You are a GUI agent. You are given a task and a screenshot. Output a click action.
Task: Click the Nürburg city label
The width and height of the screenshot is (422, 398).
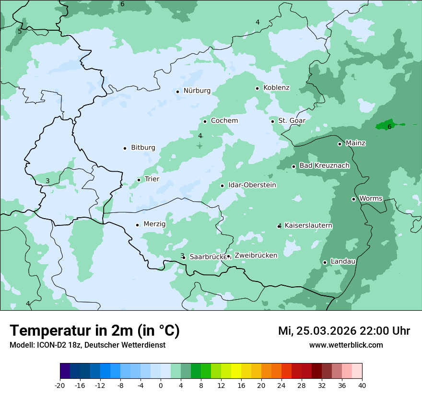pyautogui.click(x=197, y=91)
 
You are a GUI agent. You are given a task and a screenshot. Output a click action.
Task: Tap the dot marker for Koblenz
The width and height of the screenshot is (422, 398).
pyautogui.click(x=257, y=88)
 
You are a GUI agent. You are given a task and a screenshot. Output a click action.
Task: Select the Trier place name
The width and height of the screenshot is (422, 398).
pyautogui.click(x=152, y=179)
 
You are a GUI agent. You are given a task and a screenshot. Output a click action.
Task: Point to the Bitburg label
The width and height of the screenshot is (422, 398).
pyautogui.click(x=143, y=148)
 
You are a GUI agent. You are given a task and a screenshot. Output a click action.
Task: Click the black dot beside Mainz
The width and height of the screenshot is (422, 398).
pyautogui.click(x=340, y=144)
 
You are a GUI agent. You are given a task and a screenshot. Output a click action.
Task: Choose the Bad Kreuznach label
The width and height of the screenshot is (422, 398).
pyautogui.click(x=324, y=165)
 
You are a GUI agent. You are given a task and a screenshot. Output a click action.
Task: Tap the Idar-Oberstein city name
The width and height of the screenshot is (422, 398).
pyautogui.click(x=252, y=185)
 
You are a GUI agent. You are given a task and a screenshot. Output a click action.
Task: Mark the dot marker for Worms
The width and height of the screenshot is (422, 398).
pyautogui.click(x=353, y=199)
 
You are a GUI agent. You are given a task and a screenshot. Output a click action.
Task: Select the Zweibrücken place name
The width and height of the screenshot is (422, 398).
pyautogui.click(x=256, y=256)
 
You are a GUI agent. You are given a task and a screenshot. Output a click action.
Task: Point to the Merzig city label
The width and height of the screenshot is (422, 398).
pyautogui.click(x=154, y=224)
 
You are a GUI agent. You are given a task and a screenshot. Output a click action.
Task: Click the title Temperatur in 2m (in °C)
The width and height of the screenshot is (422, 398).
pyautogui.click(x=95, y=331)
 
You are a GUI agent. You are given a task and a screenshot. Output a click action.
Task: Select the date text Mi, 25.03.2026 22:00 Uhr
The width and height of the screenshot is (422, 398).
pyautogui.click(x=344, y=331)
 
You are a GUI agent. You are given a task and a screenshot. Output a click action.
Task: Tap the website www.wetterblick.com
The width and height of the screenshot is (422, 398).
pyautogui.click(x=346, y=345)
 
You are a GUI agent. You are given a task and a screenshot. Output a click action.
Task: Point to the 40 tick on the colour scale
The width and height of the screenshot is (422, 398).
pyautogui.click(x=362, y=386)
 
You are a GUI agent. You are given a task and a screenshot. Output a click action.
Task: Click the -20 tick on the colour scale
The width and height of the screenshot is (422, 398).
pyautogui.click(x=60, y=386)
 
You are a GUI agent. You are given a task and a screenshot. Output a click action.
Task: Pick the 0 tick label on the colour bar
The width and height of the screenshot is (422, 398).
pyautogui.click(x=161, y=386)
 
